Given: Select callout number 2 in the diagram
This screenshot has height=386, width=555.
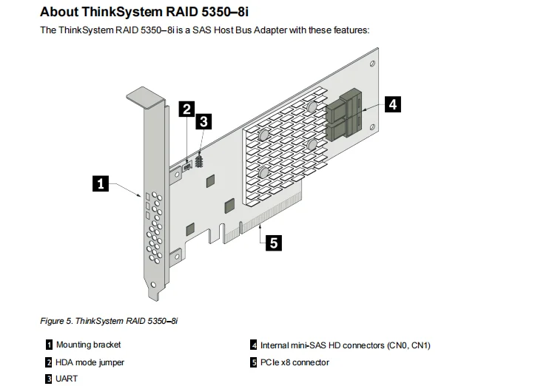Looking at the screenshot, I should pyautogui.click(x=187, y=109).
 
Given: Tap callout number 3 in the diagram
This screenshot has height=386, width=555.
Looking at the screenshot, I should pyautogui.click(x=203, y=122).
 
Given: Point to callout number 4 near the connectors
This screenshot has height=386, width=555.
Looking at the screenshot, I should pyautogui.click(x=392, y=104).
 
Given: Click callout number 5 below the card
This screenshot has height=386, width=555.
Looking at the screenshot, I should pyautogui.click(x=273, y=243).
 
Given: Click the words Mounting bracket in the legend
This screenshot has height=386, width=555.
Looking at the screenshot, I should pyautogui.click(x=88, y=345).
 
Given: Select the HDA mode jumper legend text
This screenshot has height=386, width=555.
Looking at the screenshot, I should pyautogui.click(x=90, y=362).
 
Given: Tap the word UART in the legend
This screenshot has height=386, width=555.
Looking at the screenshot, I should pyautogui.click(x=67, y=379).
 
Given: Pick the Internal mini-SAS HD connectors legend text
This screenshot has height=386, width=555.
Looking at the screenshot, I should pyautogui.click(x=345, y=345).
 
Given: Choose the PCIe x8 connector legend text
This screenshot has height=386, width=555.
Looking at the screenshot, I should pyautogui.click(x=295, y=362).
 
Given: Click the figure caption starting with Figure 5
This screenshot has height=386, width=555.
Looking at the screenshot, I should pyautogui.click(x=109, y=321).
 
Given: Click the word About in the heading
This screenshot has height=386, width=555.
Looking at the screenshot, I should pyautogui.click(x=61, y=11).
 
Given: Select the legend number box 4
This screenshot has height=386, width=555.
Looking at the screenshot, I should pyautogui.click(x=254, y=345).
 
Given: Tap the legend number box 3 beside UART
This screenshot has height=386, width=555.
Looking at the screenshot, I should pyautogui.click(x=49, y=379).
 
